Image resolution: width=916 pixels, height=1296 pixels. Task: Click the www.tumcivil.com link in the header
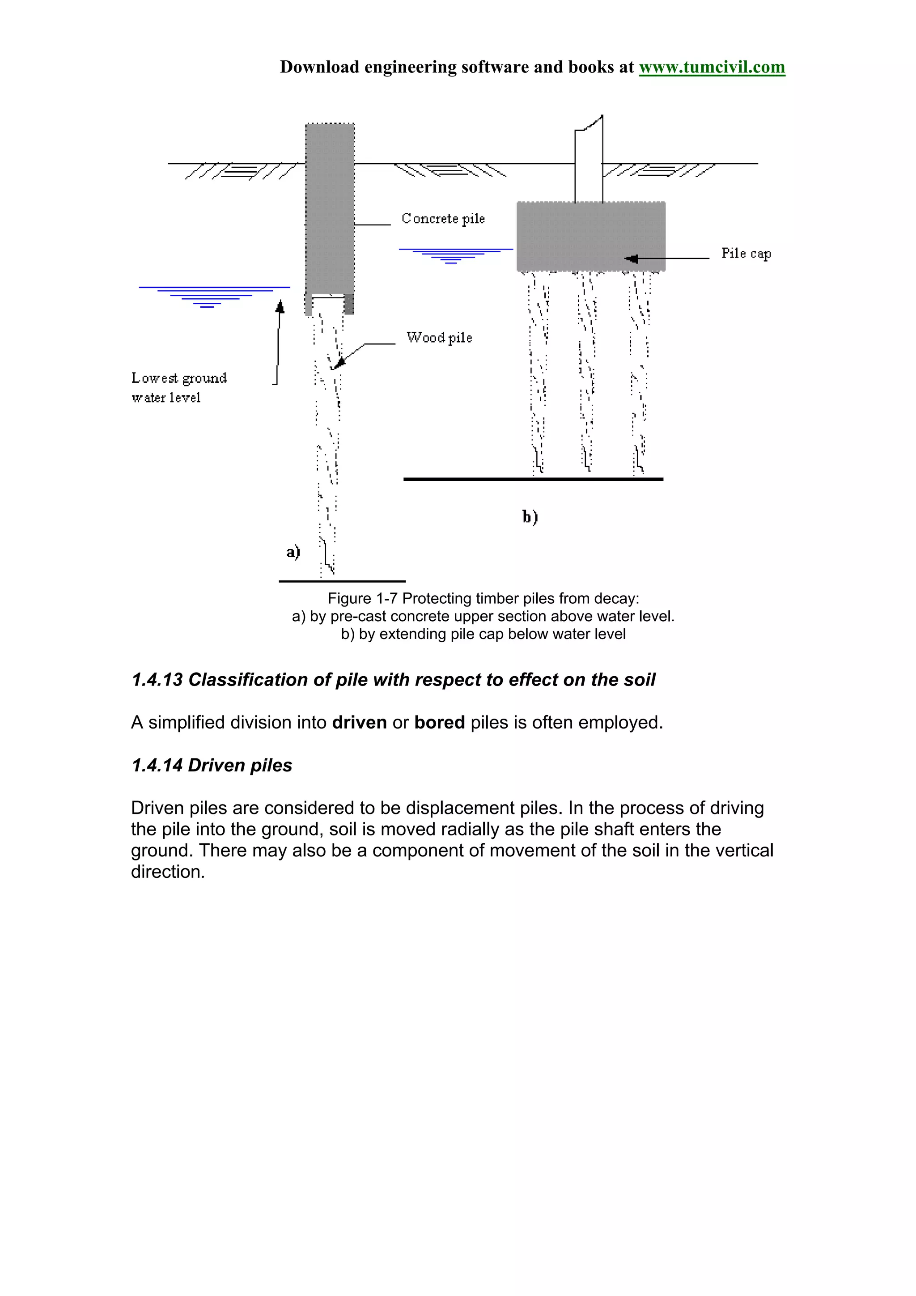point(711,67)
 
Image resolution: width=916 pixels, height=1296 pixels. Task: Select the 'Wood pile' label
point(439,338)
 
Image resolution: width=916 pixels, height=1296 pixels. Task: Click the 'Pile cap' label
point(746,254)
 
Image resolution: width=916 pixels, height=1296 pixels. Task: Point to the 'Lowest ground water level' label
point(178,387)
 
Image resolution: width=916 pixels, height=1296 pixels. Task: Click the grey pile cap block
point(590,236)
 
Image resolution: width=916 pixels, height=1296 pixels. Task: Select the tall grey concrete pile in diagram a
point(330,209)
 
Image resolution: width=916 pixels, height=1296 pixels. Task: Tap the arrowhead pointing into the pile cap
point(632,258)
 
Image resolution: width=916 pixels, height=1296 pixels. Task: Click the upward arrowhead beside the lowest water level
point(280,306)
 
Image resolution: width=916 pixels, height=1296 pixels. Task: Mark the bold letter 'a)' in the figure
point(293,551)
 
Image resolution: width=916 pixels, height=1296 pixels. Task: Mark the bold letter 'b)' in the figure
point(530,517)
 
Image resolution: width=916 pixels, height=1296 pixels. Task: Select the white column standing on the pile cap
point(589,164)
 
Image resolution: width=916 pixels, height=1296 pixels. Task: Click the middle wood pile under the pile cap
point(586,373)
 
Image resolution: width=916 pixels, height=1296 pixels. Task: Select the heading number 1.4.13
point(157,680)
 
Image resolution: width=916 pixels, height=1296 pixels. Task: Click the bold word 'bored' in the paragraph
point(439,723)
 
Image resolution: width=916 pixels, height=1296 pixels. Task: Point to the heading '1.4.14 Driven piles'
point(212,766)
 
